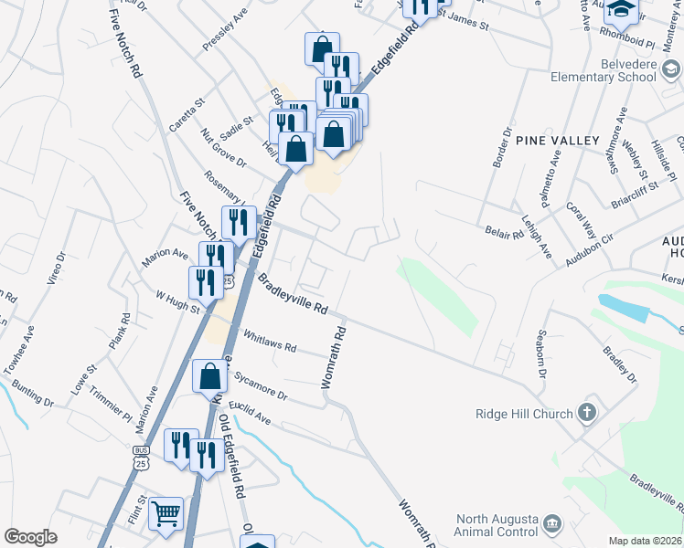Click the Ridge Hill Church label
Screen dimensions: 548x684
(524, 414)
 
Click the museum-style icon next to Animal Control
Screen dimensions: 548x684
(551, 523)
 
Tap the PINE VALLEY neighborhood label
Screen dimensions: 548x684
(557, 141)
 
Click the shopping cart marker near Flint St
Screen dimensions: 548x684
(166, 513)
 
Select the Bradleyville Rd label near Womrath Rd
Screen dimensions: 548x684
(292, 294)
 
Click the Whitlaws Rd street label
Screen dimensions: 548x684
(270, 341)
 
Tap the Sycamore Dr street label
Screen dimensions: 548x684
(260, 386)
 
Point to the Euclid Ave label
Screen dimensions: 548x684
(249, 412)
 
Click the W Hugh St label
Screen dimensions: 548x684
(177, 302)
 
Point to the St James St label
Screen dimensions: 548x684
(464, 21)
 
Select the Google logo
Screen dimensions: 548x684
(31, 537)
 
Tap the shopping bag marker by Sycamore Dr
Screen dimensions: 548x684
(210, 375)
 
